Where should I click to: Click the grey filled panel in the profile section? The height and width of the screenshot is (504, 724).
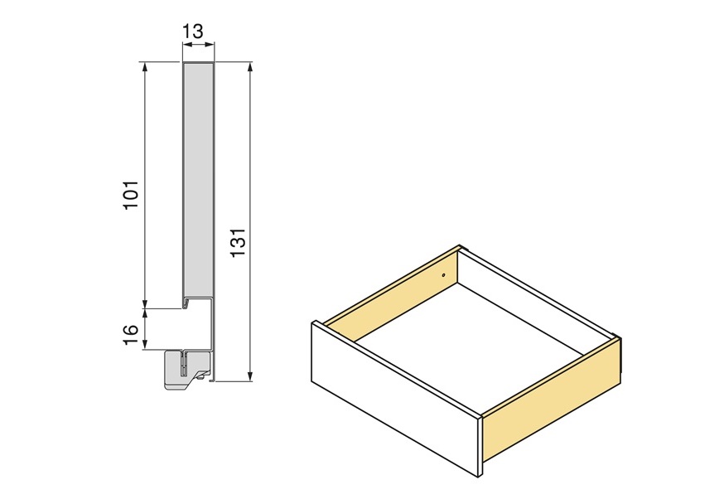[x=198, y=178]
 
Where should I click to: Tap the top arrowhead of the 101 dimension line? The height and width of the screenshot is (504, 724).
[x=145, y=66]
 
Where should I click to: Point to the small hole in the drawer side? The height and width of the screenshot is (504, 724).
[x=444, y=275]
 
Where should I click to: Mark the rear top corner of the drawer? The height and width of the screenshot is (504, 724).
[x=461, y=247]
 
